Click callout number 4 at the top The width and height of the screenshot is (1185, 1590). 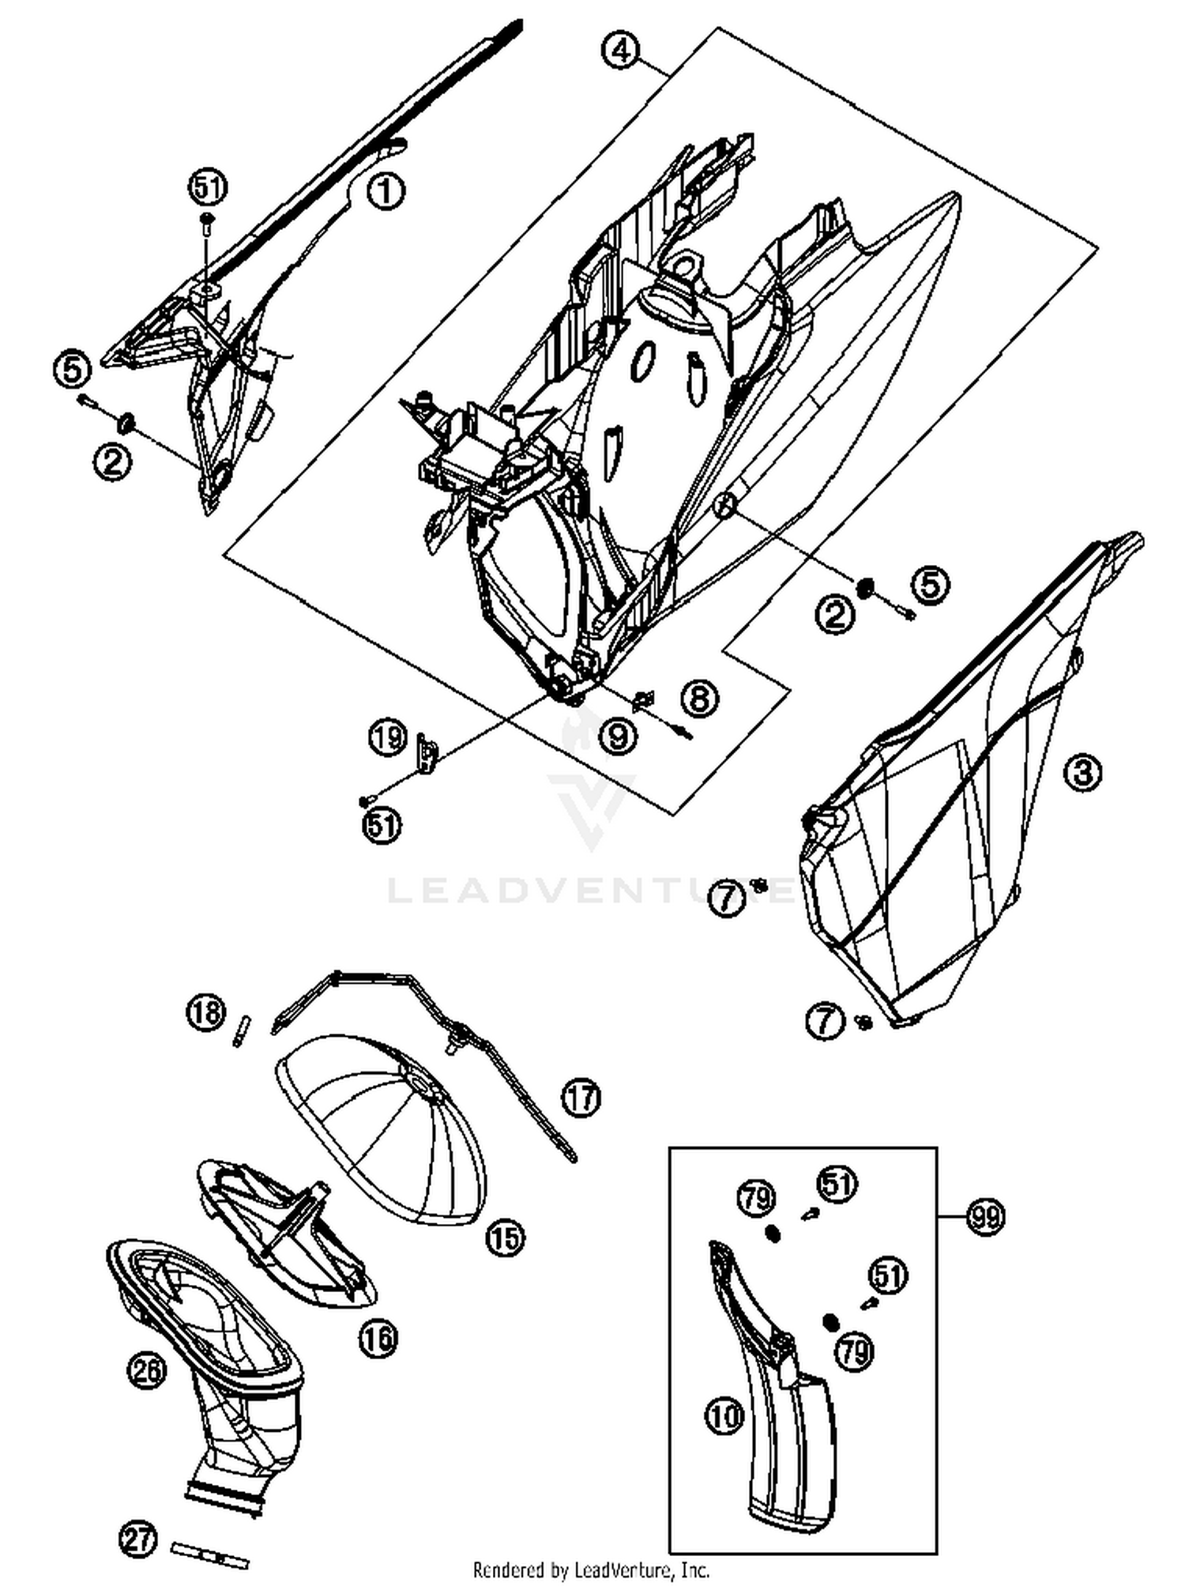tap(621, 51)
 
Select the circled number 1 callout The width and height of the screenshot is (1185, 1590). tap(386, 191)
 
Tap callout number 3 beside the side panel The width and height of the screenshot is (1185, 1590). tap(1082, 771)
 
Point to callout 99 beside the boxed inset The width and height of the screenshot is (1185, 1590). tap(987, 1215)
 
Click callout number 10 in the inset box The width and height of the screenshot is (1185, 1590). tap(724, 1414)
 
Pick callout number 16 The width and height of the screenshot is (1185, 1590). tap(378, 1337)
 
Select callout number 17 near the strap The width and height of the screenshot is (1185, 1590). tap(581, 1098)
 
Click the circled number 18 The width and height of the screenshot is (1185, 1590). tap(206, 1012)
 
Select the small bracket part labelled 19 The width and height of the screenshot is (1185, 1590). tap(427, 755)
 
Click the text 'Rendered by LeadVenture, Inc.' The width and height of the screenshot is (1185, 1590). tap(591, 1569)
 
